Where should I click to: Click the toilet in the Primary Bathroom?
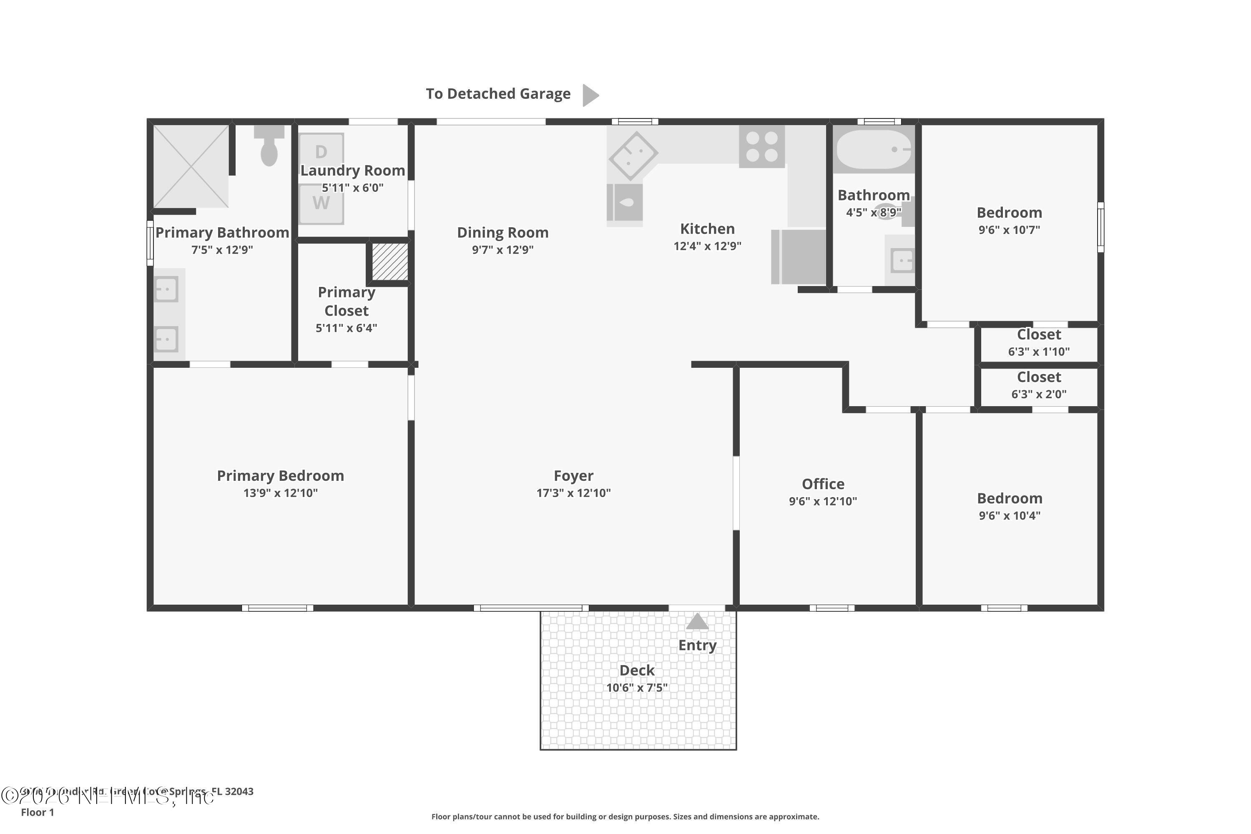point(269,147)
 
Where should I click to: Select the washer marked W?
point(321,203)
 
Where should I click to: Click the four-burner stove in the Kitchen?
point(762,146)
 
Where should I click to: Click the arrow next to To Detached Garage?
point(590,95)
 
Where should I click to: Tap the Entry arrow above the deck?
point(697,622)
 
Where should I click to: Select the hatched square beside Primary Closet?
point(390,261)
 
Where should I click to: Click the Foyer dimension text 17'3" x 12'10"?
point(573,493)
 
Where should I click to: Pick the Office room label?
point(823,484)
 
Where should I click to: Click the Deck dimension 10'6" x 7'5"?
point(637,688)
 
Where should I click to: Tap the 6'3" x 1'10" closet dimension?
point(1039,352)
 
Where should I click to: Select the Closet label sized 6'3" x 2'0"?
point(1039,377)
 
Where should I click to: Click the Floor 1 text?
point(37,812)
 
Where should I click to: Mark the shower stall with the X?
point(191,166)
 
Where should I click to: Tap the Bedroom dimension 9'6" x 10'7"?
point(1009,230)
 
